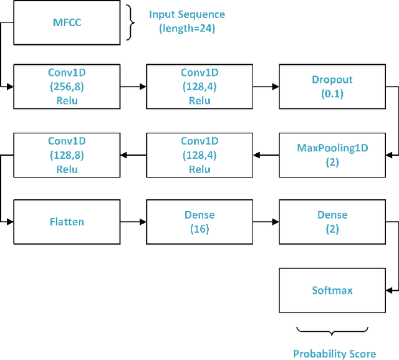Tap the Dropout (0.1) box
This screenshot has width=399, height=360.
[x=332, y=87]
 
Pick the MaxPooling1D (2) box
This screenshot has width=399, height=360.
[x=332, y=154]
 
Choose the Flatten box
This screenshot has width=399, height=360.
[x=67, y=222]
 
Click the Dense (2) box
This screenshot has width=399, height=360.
[x=332, y=222]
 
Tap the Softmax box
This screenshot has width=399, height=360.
[x=332, y=290]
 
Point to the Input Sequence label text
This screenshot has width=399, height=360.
[x=186, y=14]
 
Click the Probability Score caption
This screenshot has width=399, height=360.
[x=335, y=354]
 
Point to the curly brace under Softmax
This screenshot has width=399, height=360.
[x=334, y=331]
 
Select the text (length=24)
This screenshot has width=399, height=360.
[x=186, y=28]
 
